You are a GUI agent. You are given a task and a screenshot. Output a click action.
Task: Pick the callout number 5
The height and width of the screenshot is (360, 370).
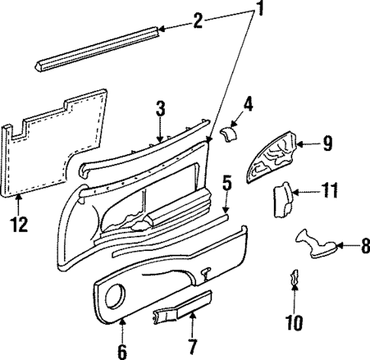227,183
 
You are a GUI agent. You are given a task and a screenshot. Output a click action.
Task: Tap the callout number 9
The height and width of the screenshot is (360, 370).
327,143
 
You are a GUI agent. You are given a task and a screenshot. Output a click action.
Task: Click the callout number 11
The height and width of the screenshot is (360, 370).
329,194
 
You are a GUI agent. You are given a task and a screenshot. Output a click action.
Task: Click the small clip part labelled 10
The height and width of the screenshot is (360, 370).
294,281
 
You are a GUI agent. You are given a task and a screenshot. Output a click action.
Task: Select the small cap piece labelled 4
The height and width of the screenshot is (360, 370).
227,135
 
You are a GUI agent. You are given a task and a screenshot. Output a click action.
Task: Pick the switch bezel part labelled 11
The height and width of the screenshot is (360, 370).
282,201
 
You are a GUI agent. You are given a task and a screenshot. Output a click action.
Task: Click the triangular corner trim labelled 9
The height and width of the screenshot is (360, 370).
275,158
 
